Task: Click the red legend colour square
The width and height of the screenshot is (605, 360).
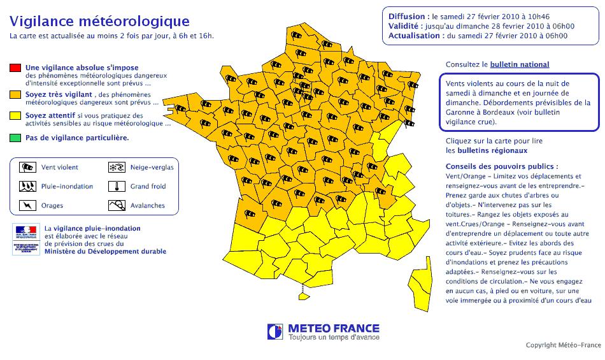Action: (15, 68)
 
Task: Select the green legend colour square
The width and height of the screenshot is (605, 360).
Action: (15, 138)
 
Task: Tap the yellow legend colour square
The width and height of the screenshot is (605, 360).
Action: (15, 116)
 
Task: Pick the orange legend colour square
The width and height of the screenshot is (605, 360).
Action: (15, 94)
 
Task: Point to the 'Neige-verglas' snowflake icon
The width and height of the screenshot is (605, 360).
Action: (117, 168)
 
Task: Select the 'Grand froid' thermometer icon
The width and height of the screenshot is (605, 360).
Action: (117, 187)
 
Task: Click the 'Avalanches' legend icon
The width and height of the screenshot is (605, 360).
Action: (117, 205)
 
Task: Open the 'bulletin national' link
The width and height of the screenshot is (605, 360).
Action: (519, 64)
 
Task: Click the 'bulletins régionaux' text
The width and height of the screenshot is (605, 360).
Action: (487, 151)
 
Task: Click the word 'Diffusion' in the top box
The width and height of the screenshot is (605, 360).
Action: (407, 15)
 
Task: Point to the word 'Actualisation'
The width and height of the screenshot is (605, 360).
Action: (416, 36)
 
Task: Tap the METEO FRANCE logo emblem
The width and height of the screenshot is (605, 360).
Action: (275, 331)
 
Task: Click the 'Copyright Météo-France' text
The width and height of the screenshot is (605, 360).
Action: (563, 345)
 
